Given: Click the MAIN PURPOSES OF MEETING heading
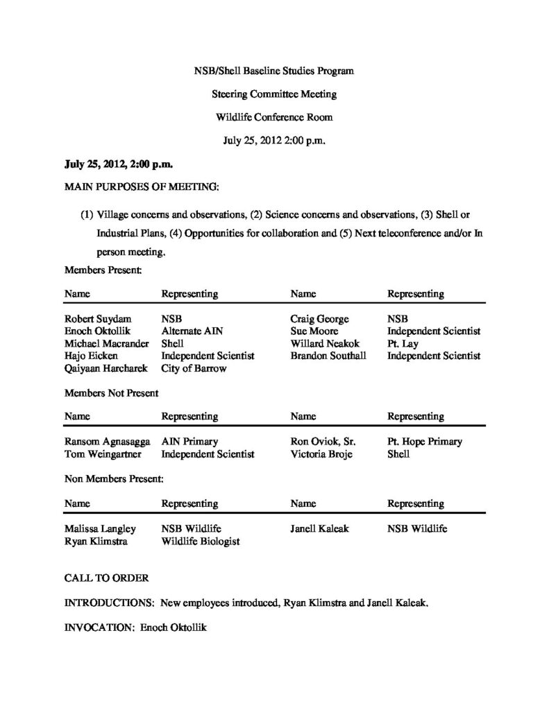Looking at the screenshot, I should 142,187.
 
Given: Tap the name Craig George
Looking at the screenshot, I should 320,319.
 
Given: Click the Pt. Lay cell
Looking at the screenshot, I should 403,344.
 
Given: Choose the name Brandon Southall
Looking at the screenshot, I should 328,356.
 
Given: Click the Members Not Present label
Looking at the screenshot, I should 112,392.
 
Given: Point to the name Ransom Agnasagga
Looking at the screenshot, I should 107,442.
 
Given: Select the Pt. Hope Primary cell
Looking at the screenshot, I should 425,442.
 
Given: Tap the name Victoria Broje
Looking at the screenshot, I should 321,454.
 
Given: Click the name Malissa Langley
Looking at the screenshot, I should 100,528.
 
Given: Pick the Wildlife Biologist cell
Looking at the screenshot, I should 201,541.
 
